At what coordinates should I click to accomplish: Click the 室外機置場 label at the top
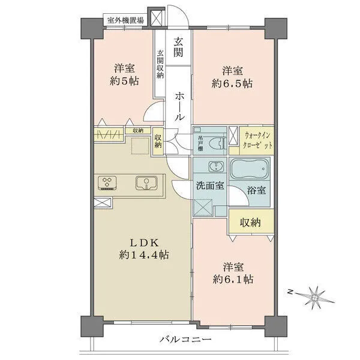click(x=125, y=20)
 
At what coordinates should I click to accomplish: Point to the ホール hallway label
click(x=179, y=106)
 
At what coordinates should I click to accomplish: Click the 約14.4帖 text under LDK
click(x=145, y=255)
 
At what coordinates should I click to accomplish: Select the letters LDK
click(x=144, y=242)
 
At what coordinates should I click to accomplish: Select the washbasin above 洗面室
click(x=212, y=167)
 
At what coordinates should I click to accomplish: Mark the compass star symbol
click(x=315, y=297)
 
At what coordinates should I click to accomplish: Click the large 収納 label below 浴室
click(x=251, y=223)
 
